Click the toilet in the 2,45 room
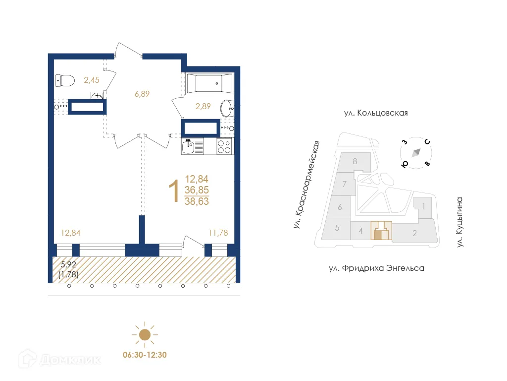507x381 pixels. pyautogui.click(x=65, y=79)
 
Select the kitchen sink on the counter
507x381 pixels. pyautogui.click(x=189, y=146)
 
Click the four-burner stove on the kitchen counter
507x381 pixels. pyautogui.click(x=224, y=146)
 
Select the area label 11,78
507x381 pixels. pyautogui.click(x=218, y=232)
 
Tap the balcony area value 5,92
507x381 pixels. pyautogui.click(x=69, y=264)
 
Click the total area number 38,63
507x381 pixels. pyautogui.click(x=197, y=201)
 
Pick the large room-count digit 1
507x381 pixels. pyautogui.click(x=174, y=191)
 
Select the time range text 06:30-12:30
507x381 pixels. pyautogui.click(x=144, y=356)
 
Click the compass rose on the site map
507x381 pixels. pyautogui.click(x=416, y=152)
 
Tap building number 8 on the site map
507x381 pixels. pyautogui.click(x=355, y=161)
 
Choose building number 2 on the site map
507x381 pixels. pyautogui.click(x=414, y=233)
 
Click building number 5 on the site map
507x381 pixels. pyautogui.click(x=337, y=228)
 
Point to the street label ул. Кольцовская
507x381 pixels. pyautogui.click(x=376, y=113)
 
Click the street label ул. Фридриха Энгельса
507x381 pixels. pyautogui.click(x=376, y=268)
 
